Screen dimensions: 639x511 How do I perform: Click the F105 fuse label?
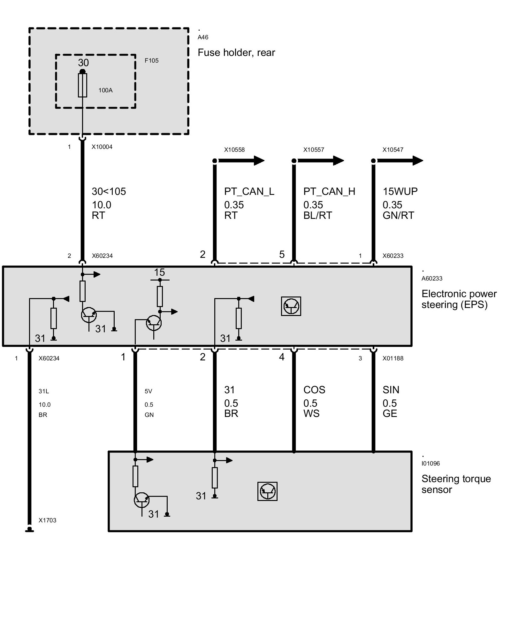[x=151, y=60]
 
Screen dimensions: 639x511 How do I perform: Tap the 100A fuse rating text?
[x=105, y=90]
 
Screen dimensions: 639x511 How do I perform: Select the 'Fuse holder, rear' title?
[x=236, y=52]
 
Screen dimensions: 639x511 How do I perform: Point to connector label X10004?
[x=102, y=147]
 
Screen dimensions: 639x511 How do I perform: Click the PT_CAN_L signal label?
[x=249, y=191]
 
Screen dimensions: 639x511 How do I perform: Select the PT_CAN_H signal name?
[x=329, y=191]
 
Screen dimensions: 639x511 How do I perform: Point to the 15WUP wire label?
[x=400, y=191]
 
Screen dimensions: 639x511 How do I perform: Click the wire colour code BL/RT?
[x=317, y=215]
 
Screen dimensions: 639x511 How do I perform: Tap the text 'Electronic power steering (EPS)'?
[x=459, y=299]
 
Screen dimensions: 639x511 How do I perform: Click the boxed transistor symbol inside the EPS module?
[x=291, y=306]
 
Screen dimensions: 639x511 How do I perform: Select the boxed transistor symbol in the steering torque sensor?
[x=267, y=491]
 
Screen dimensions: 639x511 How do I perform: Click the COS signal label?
[x=314, y=390]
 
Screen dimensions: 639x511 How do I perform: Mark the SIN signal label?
[x=391, y=390]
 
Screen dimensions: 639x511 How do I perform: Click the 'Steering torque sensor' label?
[x=456, y=484]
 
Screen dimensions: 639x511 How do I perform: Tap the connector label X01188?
[x=393, y=358]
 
